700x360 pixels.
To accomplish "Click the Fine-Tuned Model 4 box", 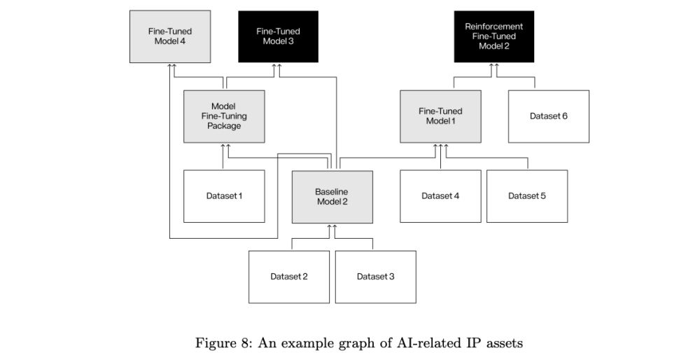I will [170, 36].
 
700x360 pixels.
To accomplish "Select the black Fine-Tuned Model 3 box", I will [278, 36].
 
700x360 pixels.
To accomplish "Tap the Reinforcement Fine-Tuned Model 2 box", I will [493, 36].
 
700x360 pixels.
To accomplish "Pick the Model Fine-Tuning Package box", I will [224, 116].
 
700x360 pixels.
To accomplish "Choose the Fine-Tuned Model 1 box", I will [440, 116].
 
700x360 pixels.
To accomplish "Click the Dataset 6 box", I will [548, 116].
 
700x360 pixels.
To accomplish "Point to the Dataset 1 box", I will [224, 196].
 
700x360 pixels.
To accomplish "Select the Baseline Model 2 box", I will [332, 197].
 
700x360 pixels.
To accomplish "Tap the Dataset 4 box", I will [440, 196].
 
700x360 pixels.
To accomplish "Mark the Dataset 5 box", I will [526, 196].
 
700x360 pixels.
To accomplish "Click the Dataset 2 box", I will [288, 277].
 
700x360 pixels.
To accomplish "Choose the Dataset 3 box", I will [375, 277].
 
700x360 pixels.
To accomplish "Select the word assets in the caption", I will [503, 343].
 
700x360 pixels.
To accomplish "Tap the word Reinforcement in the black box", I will [493, 27].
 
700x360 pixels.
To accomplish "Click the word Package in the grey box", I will [224, 126].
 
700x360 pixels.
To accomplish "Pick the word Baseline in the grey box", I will [332, 191].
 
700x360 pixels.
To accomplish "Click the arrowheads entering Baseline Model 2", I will [332, 227].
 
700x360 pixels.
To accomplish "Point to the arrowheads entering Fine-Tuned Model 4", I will [172, 66].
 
